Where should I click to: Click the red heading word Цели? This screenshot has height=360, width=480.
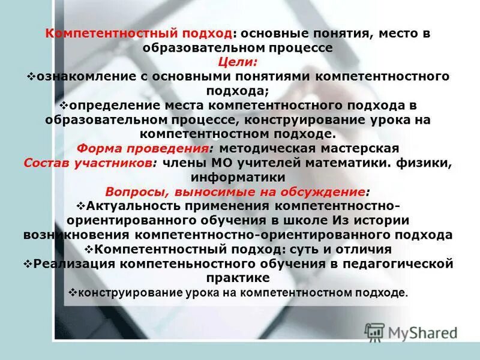238,62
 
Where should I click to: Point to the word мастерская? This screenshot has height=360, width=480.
358,148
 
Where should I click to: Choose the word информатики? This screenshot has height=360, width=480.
238,177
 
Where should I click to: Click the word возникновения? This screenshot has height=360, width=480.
79,235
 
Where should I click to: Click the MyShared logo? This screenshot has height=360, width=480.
410,332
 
